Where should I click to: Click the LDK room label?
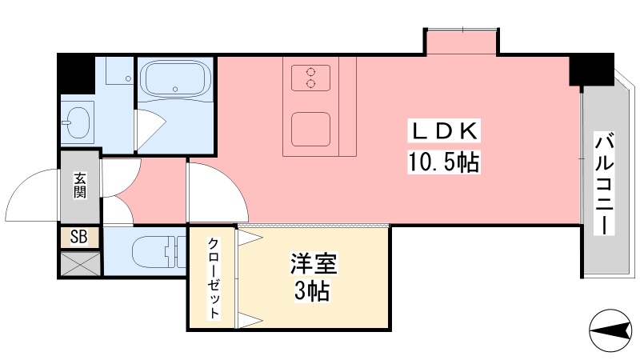click(444, 131)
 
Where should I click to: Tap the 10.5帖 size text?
click(444, 162)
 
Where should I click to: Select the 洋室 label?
click(314, 263)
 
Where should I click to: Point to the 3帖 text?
click(312, 291)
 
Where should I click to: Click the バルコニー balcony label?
click(605, 184)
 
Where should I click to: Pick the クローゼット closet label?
click(214, 278)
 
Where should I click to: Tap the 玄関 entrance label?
click(80, 186)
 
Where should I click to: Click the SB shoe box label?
click(79, 237)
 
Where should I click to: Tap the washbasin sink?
click(77, 122)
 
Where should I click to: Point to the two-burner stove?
click(310, 78)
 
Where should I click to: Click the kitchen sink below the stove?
click(310, 129)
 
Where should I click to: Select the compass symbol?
click(610, 330)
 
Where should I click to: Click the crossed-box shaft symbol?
click(81, 264)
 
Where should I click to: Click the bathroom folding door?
click(150, 129)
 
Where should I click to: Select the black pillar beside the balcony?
click(592, 70)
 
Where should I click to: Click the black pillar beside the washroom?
click(76, 74)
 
